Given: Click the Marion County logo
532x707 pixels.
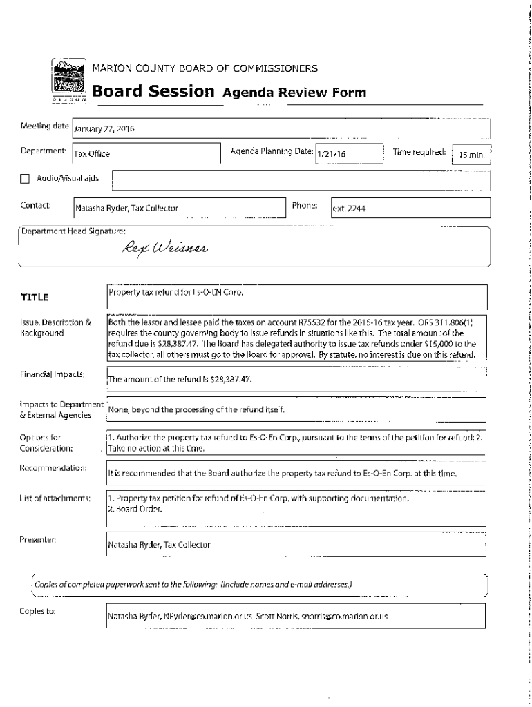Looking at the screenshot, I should (x=70, y=80).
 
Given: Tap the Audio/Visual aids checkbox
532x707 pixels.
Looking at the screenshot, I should (x=26, y=179).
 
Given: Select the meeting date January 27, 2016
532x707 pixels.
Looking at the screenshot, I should (x=104, y=128).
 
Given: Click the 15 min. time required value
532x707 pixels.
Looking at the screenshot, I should (x=472, y=156).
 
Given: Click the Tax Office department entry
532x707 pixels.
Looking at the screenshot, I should (x=92, y=155).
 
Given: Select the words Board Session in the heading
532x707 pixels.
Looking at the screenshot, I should (x=153, y=92).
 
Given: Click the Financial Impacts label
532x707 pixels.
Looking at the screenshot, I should (x=53, y=374).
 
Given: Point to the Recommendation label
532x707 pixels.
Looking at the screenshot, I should (x=53, y=469).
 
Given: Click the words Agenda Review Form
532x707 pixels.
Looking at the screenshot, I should (x=294, y=93).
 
